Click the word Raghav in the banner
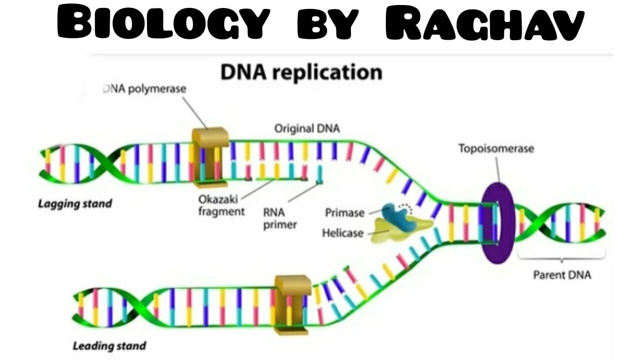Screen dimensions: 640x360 [484, 23]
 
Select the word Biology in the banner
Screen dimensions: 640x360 [162, 23]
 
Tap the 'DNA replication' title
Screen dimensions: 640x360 [301, 72]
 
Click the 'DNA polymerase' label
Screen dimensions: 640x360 [144, 89]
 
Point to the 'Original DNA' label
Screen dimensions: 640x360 [306, 128]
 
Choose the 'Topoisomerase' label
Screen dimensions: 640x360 [496, 148]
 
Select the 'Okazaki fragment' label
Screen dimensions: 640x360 [221, 205]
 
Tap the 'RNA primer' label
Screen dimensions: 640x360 [279, 218]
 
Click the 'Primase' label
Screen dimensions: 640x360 [344, 213]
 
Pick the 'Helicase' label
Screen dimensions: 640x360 [342, 233]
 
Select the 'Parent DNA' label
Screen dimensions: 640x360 [561, 275]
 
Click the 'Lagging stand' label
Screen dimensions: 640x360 [75, 203]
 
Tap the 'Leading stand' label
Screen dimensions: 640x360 [109, 345]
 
